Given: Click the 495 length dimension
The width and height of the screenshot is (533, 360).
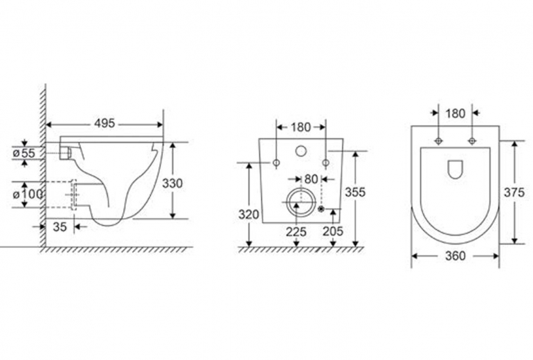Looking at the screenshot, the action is (105, 123).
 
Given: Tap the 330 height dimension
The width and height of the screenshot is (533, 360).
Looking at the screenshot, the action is (172, 183).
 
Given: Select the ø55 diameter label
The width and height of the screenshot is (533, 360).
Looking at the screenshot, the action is (24, 153).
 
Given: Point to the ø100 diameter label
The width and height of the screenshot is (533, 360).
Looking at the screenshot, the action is (28, 195).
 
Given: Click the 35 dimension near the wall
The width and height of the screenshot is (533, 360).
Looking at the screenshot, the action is (60, 227).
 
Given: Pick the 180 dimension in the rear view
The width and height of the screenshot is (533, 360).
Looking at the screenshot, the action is (301, 127).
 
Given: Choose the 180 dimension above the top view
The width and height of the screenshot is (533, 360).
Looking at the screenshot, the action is (455, 114).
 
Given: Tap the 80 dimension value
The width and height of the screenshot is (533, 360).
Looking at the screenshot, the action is (311, 179).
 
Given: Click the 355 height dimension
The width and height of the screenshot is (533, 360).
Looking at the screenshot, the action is (355, 192).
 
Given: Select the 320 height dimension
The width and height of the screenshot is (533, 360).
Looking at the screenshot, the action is (249, 215).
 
